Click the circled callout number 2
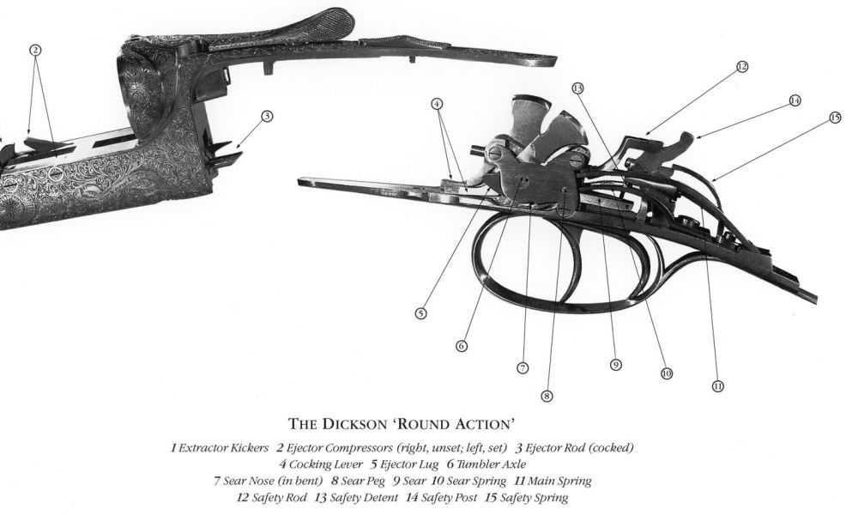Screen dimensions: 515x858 (x=35, y=50)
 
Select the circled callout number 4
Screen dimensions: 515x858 (x=438, y=103)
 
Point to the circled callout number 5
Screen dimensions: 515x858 (x=420, y=314)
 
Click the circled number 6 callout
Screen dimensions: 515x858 (x=462, y=346)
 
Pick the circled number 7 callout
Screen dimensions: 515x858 (x=522, y=367)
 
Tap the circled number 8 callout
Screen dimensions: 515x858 (x=547, y=397)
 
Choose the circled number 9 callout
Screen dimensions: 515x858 (x=615, y=365)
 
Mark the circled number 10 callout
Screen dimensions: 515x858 (x=666, y=373)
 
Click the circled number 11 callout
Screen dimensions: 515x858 (x=717, y=386)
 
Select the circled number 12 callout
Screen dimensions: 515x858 (x=742, y=65)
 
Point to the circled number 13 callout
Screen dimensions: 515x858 (x=577, y=88)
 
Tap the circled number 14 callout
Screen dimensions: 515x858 (x=795, y=100)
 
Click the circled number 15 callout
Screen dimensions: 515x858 (x=835, y=118)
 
